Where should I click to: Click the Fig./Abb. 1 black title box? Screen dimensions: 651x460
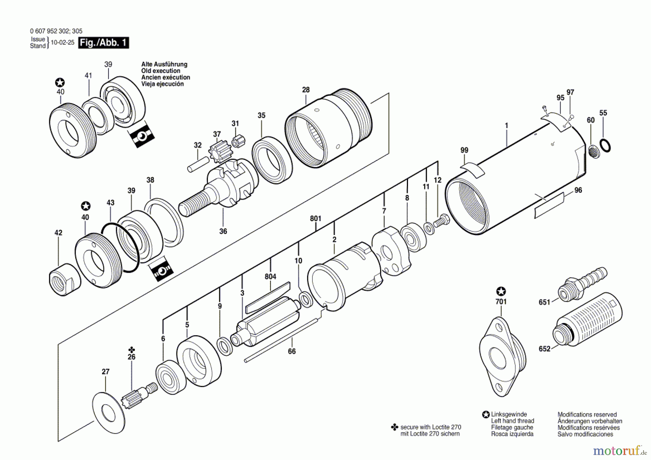(x=103, y=43)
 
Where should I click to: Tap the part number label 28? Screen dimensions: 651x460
(x=306, y=90)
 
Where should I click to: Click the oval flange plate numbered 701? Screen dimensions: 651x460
(x=503, y=357)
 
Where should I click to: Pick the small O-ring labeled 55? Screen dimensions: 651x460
(x=605, y=145)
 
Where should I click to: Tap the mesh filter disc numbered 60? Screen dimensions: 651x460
(x=593, y=151)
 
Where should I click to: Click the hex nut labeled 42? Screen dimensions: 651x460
(x=64, y=279)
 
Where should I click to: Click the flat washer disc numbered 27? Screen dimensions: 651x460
(x=109, y=413)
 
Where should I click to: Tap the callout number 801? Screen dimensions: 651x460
(x=315, y=218)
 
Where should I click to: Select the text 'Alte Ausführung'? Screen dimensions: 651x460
(x=164, y=64)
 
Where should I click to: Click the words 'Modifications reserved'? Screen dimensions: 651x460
(x=587, y=414)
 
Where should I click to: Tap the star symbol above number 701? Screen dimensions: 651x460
(x=501, y=291)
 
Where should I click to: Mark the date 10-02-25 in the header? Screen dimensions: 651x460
(x=63, y=42)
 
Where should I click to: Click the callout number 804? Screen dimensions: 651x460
(x=271, y=277)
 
